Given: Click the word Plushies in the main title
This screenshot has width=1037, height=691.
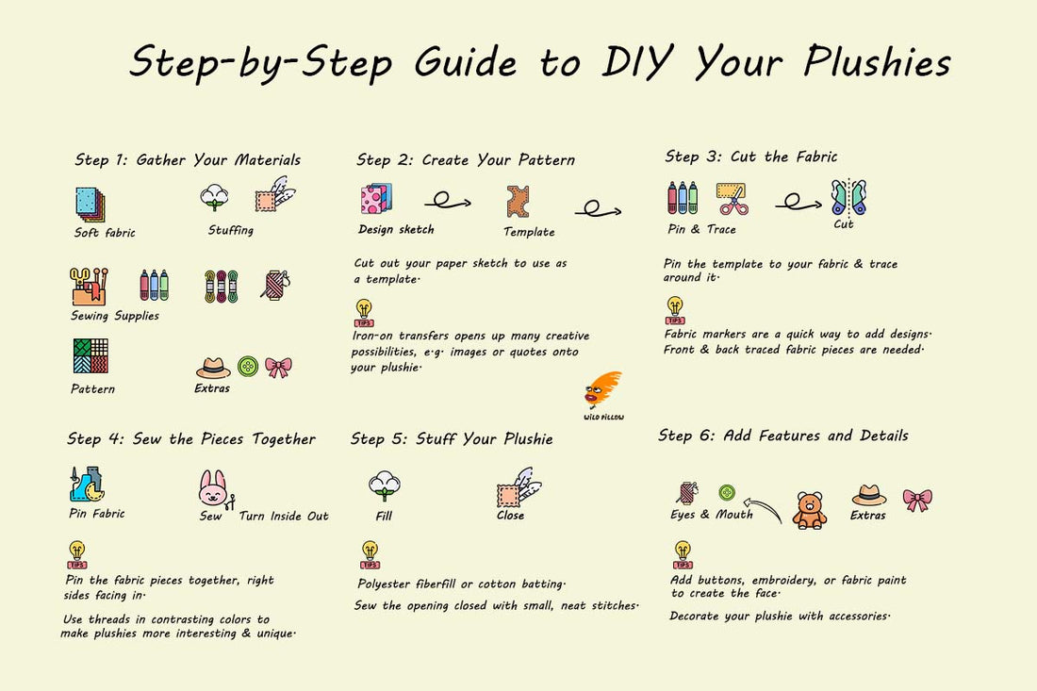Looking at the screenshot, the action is [x=877, y=62].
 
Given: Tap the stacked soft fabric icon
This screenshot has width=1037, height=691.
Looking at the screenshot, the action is [x=90, y=205].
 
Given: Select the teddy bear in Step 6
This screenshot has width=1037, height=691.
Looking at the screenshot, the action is [x=810, y=510].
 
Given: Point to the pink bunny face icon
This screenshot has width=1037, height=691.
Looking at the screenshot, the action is [x=213, y=488].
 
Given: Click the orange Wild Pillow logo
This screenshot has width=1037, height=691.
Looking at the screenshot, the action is [x=602, y=391].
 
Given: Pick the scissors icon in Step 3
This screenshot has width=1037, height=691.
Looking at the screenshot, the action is [x=732, y=199].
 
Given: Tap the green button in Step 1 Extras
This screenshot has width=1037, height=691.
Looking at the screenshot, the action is [x=248, y=366].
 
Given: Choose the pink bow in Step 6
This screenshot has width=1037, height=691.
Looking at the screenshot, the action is [x=917, y=500].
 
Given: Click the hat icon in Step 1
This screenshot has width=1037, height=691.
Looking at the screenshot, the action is [x=213, y=368].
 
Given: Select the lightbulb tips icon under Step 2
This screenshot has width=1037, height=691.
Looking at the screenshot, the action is [x=364, y=313].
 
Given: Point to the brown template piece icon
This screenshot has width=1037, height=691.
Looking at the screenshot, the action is [x=518, y=202].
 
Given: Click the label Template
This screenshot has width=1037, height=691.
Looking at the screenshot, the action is [x=529, y=232].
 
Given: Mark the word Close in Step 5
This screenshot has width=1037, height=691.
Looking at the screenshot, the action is [x=511, y=515].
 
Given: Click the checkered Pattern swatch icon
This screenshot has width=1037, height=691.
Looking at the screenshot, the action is [x=91, y=355].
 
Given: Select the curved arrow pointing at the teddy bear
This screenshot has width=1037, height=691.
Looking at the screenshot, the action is [x=763, y=508].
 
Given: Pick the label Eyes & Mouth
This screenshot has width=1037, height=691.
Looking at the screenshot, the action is [x=712, y=515].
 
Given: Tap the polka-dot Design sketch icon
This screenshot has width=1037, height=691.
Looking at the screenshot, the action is [x=376, y=199].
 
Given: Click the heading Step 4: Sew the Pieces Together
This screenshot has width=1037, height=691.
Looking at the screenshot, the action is [x=191, y=439].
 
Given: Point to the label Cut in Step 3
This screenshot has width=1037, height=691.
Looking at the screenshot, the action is [x=843, y=224].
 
